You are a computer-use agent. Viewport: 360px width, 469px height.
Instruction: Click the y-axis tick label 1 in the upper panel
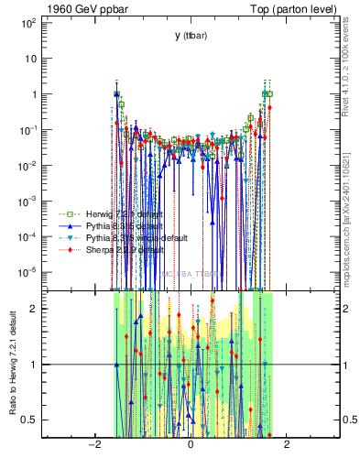point(33,94)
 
